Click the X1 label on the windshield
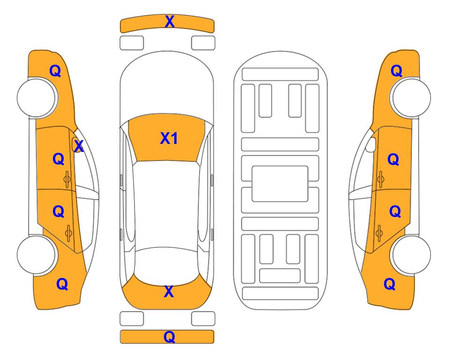(x=169, y=138)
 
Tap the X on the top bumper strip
(x=170, y=21)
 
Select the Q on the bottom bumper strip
(x=169, y=337)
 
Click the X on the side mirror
(x=79, y=146)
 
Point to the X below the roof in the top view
(x=169, y=292)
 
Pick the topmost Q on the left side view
(x=55, y=71)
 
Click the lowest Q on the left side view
(x=62, y=284)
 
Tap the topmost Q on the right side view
(x=396, y=71)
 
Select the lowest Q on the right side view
(x=390, y=284)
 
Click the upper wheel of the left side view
(x=37, y=97)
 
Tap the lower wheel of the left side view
(x=37, y=255)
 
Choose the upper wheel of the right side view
(x=411, y=97)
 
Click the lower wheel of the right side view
(x=411, y=255)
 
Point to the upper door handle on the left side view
(x=67, y=179)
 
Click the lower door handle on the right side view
(x=379, y=233)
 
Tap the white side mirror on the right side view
(x=370, y=144)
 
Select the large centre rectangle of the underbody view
(x=280, y=184)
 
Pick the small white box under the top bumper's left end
(x=132, y=43)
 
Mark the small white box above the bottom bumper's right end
(x=203, y=319)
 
